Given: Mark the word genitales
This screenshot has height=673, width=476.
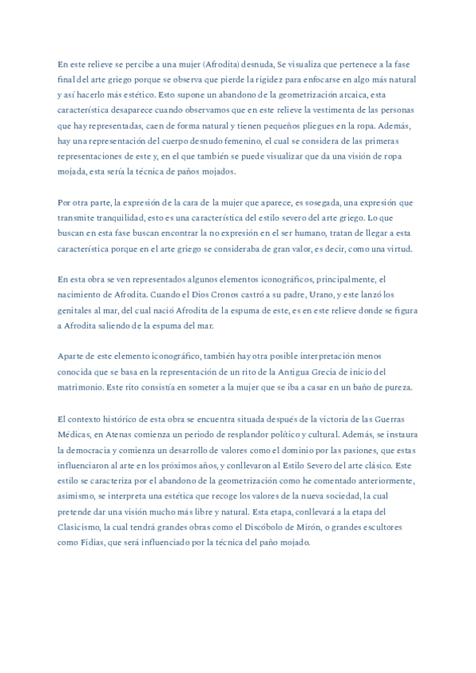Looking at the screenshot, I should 78,310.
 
